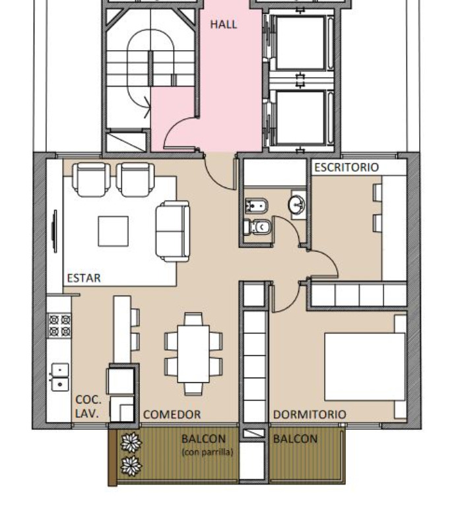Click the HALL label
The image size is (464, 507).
(224, 24)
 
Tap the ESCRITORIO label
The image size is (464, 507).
(347, 167)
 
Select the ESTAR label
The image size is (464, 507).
(84, 278)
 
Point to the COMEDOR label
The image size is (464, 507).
(172, 414)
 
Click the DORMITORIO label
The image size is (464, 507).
(310, 414)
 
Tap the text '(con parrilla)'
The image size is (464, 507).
(207, 452)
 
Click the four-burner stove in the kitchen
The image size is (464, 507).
(59, 325)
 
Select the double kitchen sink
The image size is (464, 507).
(60, 377)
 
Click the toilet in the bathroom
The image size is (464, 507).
(257, 227)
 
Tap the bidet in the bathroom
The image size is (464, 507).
(256, 206)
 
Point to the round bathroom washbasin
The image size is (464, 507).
(297, 205)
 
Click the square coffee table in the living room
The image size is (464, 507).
(113, 232)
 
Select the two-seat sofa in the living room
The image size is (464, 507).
(173, 231)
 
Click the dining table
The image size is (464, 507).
(193, 354)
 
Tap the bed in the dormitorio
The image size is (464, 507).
(366, 366)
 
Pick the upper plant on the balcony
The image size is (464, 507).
(131, 443)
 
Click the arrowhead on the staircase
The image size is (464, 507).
(147, 107)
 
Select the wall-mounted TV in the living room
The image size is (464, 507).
(55, 231)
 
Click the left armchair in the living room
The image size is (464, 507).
(91, 180)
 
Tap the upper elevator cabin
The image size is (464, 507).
(300, 43)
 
